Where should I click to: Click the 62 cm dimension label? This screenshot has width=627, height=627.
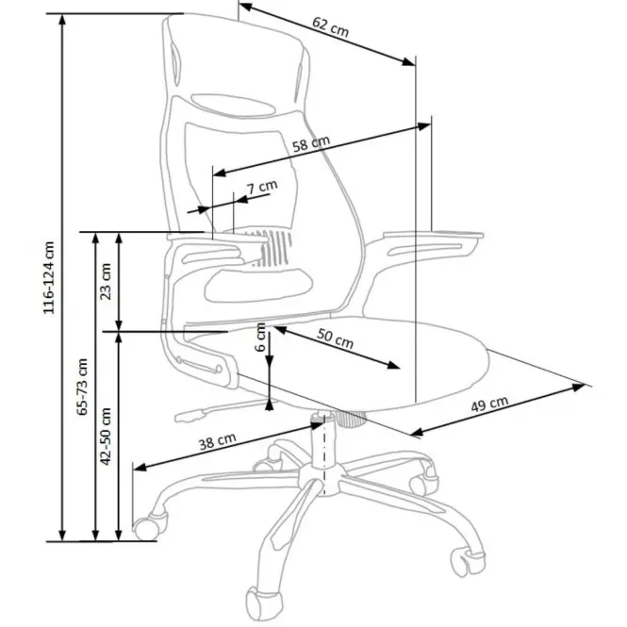[330, 26]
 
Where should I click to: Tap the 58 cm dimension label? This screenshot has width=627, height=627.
[311, 143]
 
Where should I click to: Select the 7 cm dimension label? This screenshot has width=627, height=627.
[262, 187]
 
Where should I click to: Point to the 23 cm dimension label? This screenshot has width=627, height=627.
[106, 281]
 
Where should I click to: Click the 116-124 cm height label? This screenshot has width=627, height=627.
[48, 277]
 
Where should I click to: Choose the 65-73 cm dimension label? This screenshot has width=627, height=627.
[82, 387]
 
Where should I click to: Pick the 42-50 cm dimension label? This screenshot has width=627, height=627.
[106, 437]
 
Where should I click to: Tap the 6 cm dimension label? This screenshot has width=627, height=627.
[260, 338]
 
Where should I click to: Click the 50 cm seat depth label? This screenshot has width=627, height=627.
[335, 338]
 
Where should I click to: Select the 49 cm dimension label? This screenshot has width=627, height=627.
[489, 404]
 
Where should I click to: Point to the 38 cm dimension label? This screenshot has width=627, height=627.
[217, 442]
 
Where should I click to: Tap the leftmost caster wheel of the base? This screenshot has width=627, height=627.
[149, 526]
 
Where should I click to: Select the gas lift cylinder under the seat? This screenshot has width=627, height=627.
[323, 441]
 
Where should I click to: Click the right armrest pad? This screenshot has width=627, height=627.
[434, 235]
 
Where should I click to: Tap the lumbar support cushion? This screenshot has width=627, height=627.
[258, 285]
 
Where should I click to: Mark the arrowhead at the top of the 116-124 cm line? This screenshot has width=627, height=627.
[62, 20]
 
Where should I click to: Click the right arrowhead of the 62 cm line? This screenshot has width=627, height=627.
[408, 61]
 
